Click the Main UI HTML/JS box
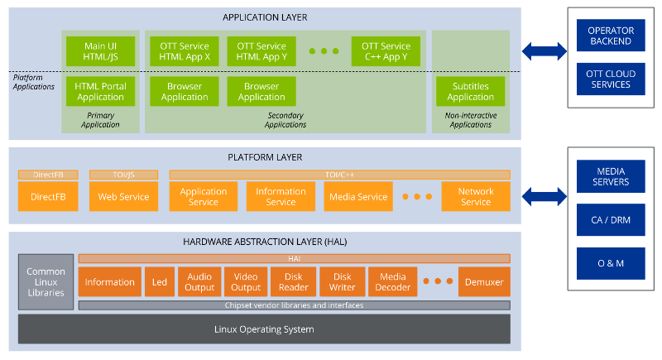click(99, 51)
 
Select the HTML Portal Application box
click(99, 91)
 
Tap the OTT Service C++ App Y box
click(386, 51)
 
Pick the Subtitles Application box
click(471, 91)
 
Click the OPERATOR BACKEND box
click(610, 36)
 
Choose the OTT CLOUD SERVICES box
click(610, 79)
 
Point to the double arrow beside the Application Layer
click(544, 51)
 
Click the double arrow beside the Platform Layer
click(544, 197)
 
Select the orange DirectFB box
click(48, 197)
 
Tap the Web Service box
click(123, 197)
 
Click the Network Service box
click(475, 197)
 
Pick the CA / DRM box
click(610, 220)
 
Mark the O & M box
click(610, 263)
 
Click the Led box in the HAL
click(159, 282)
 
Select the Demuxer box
click(484, 282)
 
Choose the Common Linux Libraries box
click(46, 282)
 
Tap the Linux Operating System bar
click(264, 329)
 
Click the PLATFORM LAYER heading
click(265, 157)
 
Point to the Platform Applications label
click(34, 82)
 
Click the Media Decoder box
click(392, 282)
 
